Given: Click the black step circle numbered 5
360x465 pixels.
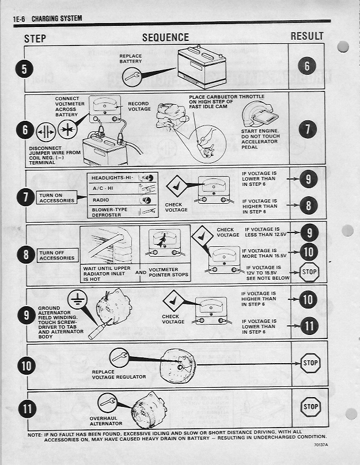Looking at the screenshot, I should (24, 68).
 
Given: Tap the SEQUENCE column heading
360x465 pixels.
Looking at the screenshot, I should (165, 37).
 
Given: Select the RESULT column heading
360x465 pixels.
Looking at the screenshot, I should (307, 36).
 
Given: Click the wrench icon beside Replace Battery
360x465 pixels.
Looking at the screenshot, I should (131, 75).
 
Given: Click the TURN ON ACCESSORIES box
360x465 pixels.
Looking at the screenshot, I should (56, 197).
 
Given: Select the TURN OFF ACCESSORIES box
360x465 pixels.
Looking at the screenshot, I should (56, 255).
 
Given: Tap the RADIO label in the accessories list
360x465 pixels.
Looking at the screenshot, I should (101, 200).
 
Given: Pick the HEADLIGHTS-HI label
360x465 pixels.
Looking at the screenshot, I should (112, 178).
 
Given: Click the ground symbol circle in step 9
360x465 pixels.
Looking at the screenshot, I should (76, 299).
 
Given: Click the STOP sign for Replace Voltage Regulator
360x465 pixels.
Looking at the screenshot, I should (310, 363).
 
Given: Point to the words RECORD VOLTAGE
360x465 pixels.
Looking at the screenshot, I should (138, 106).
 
